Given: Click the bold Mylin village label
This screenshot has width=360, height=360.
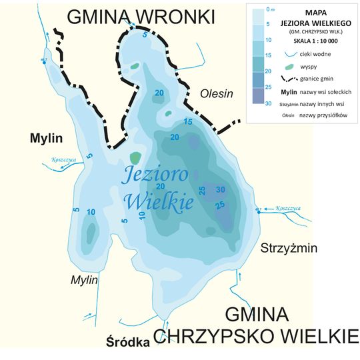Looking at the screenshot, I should click(45, 138).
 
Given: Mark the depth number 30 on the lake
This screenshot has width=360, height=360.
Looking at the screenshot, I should click(221, 190).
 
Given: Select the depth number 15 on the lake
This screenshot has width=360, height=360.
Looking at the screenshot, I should click(187, 122).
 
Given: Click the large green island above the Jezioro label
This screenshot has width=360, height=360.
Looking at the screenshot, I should click(135, 158).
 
